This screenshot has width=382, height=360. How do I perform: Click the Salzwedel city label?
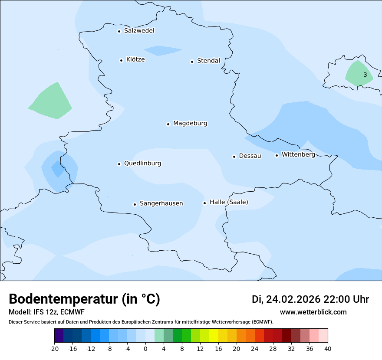(139, 31)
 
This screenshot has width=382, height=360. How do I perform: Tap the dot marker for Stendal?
(192, 62)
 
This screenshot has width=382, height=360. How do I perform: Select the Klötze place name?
(135, 60)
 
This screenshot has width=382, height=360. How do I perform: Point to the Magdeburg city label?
(190, 124)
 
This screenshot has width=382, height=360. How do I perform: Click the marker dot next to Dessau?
(234, 157)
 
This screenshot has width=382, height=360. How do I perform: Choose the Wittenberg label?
(298, 155)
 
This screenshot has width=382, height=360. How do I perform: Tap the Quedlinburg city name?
(142, 164)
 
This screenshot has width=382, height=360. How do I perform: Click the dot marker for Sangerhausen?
(135, 204)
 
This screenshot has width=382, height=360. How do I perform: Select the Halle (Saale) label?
(229, 202)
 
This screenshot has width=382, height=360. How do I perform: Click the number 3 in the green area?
(365, 75)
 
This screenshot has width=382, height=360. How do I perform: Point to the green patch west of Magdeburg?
(51, 102)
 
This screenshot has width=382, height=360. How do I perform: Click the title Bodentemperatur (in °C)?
(84, 299)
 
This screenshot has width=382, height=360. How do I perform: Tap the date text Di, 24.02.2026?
(286, 299)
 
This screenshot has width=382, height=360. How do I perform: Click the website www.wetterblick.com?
(313, 312)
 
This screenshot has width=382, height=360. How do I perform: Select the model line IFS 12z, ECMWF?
(46, 312)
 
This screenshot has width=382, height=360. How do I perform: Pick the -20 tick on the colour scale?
(54, 349)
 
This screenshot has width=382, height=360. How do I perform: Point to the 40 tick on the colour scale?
(328, 349)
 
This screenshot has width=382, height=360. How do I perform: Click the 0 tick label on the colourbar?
(145, 349)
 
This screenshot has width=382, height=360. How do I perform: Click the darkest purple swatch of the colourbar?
(59, 336)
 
